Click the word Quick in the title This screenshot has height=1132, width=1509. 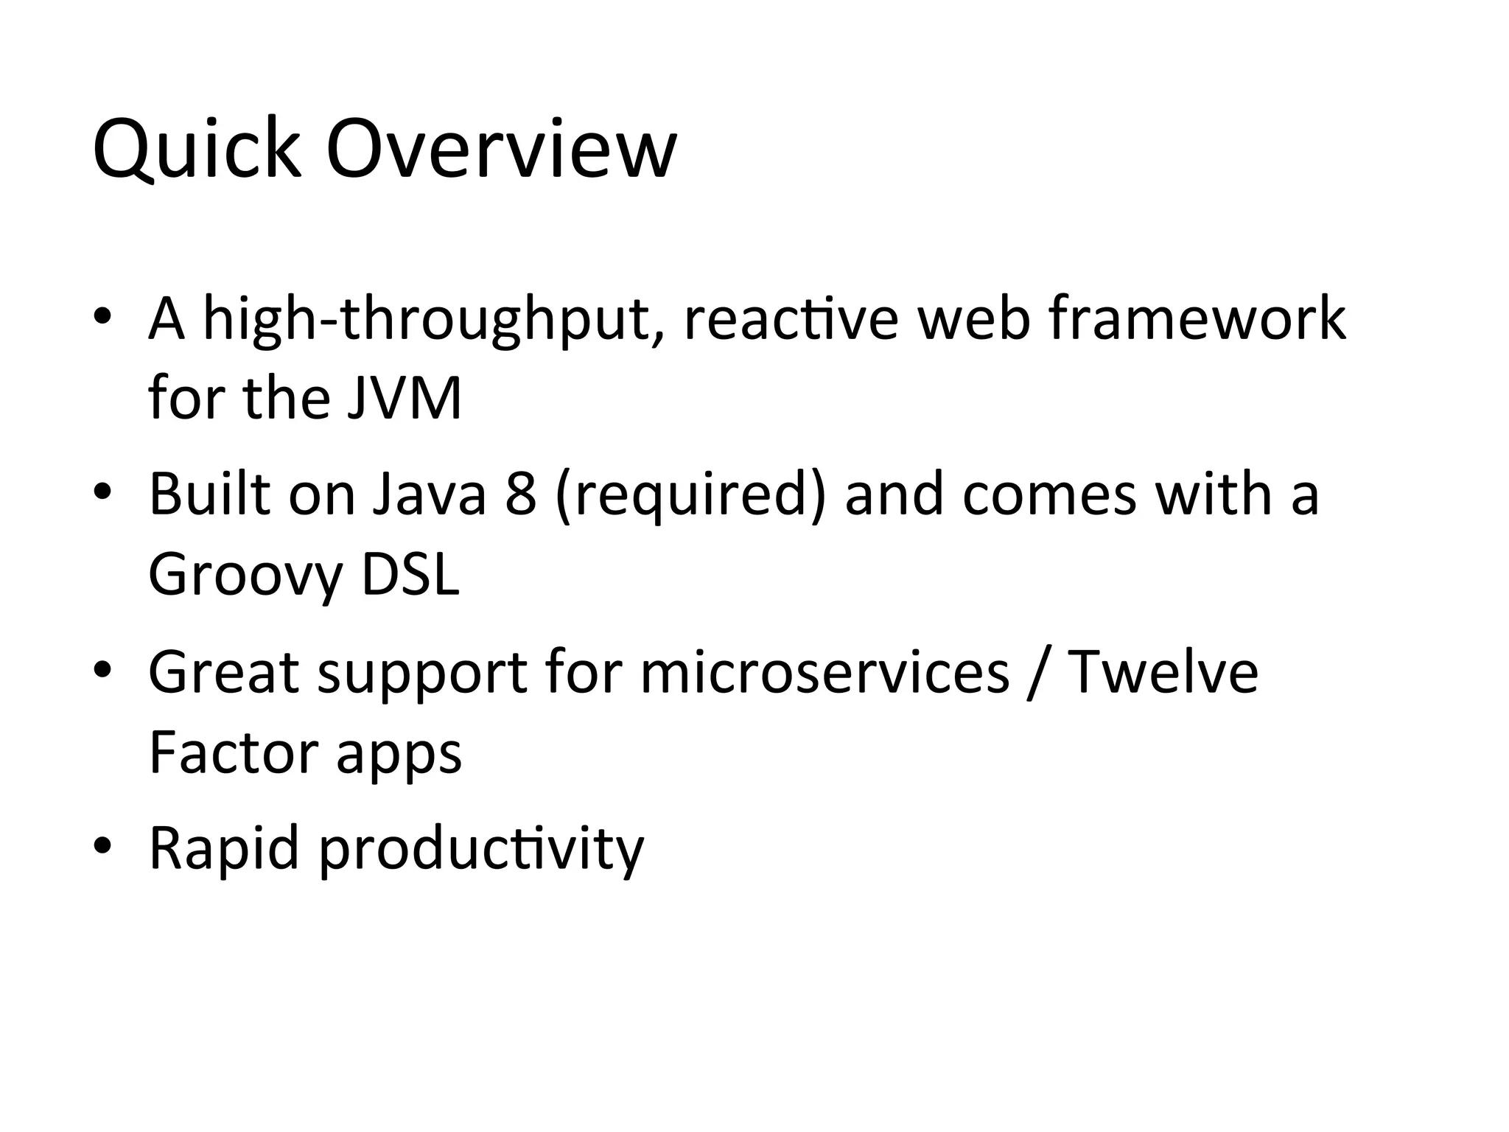pyautogui.click(x=197, y=150)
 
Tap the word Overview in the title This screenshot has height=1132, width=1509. pyautogui.click(x=501, y=150)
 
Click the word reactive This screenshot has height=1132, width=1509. pyautogui.click(x=791, y=319)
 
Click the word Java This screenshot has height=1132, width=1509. pyautogui.click(x=429, y=495)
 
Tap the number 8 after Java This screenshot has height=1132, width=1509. pyautogui.click(x=521, y=495)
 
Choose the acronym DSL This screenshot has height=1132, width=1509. pyautogui.click(x=410, y=575)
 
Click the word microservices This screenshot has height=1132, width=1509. pyautogui.click(x=824, y=672)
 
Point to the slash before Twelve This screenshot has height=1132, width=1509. pyautogui.click(x=1037, y=674)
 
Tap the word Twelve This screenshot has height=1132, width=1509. pyautogui.click(x=1163, y=672)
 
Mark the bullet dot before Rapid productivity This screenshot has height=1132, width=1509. pyautogui.click(x=102, y=845)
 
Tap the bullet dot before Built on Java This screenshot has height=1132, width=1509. pyautogui.click(x=102, y=492)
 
